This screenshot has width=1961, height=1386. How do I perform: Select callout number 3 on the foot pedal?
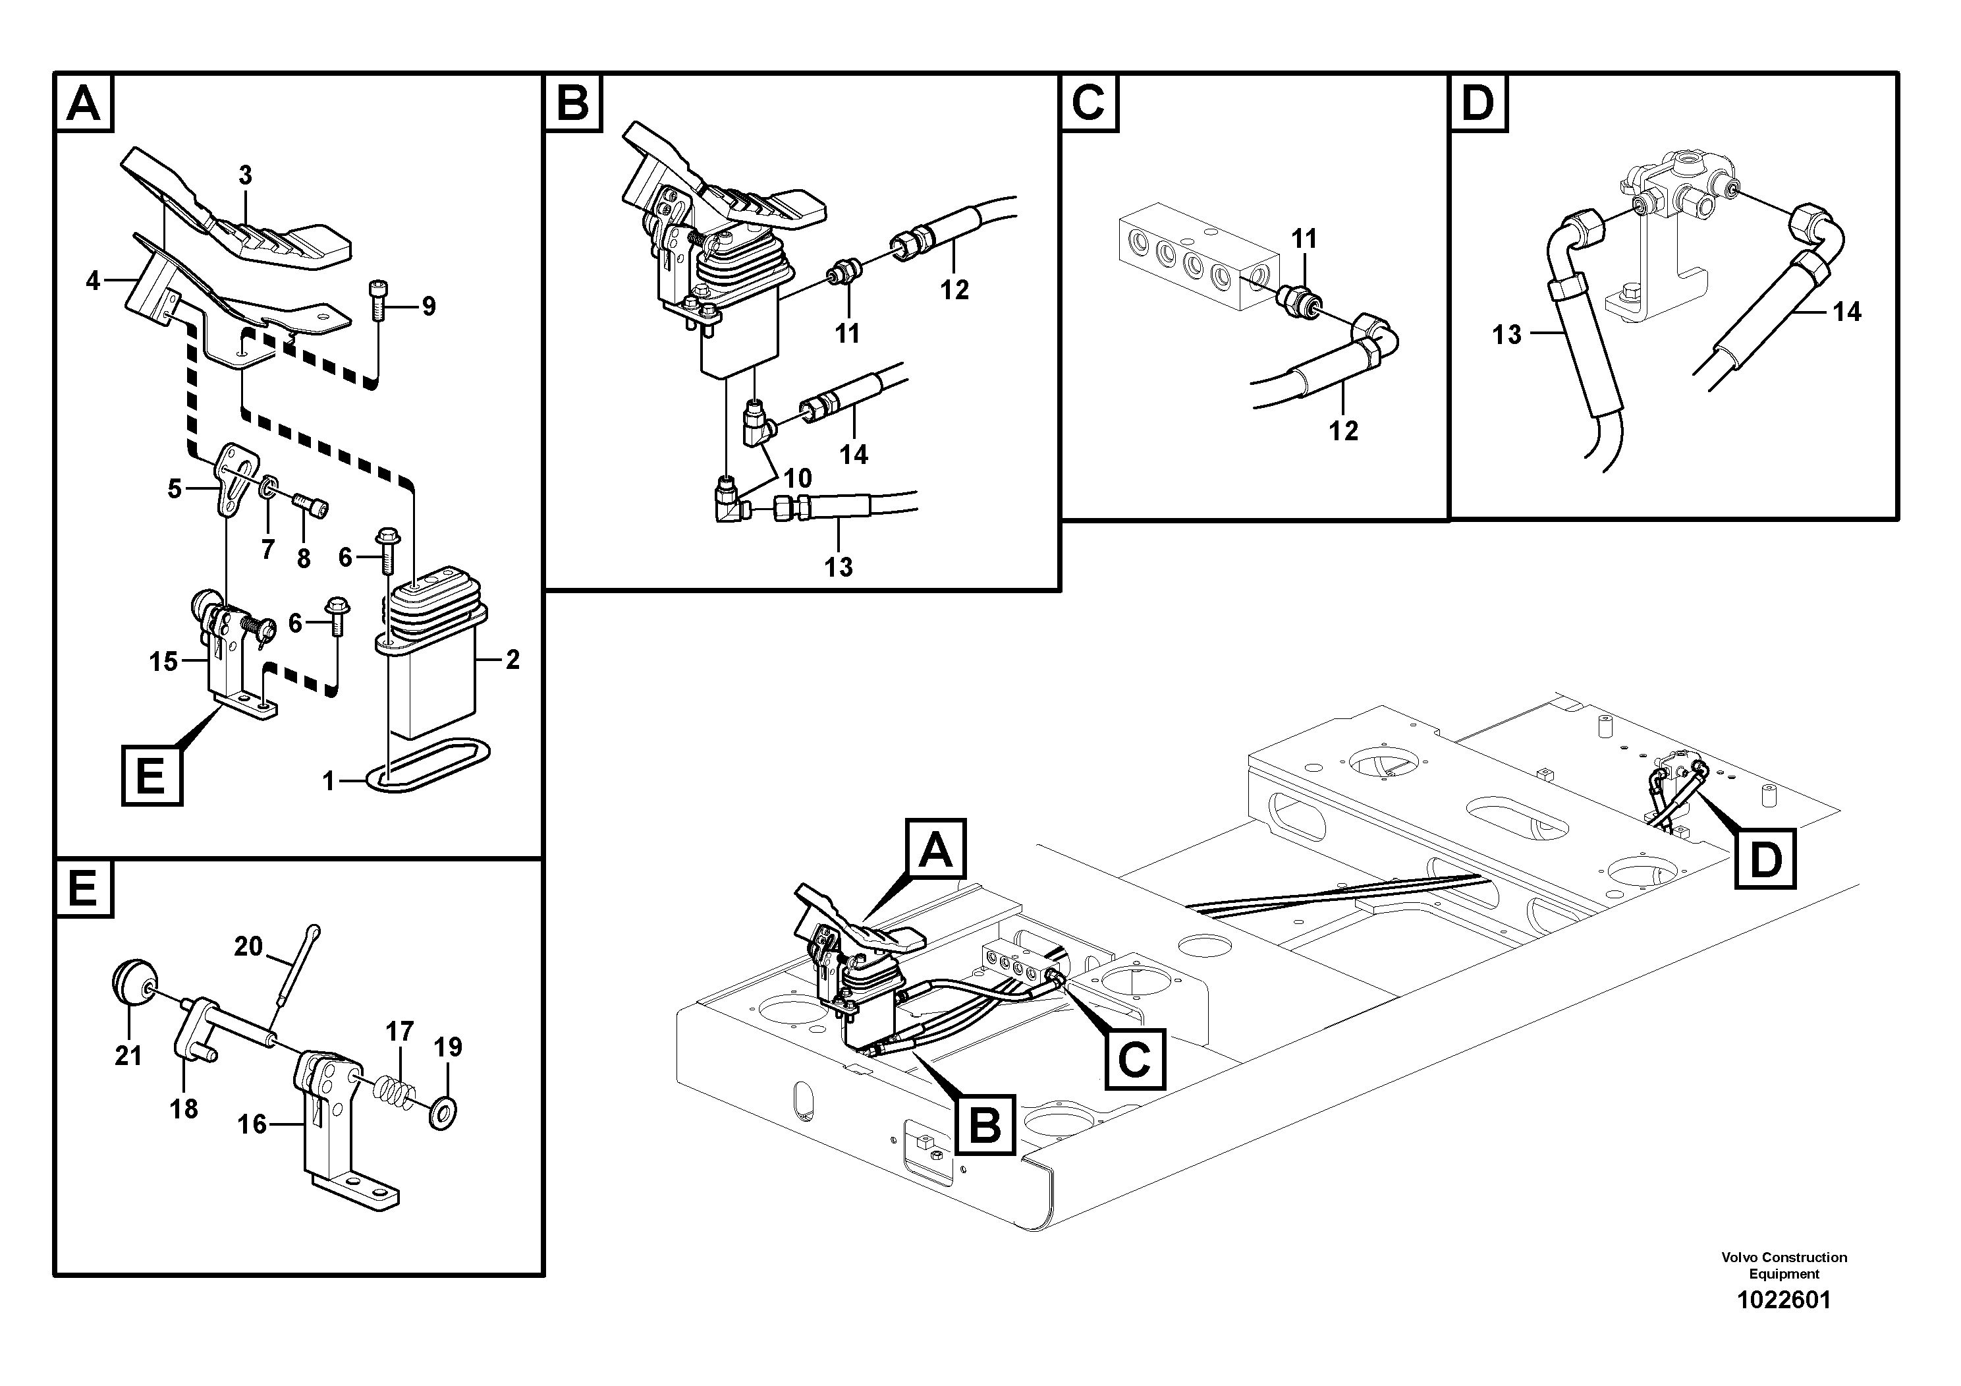click(x=245, y=176)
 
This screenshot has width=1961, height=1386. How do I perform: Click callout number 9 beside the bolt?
click(x=429, y=306)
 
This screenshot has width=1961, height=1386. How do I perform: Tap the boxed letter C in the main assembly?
click(x=1134, y=1060)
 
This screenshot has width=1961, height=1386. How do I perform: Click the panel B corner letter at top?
click(x=572, y=103)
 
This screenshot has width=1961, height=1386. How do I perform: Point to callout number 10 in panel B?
click(x=798, y=478)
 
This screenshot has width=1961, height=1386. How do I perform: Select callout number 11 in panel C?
click(x=1304, y=239)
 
